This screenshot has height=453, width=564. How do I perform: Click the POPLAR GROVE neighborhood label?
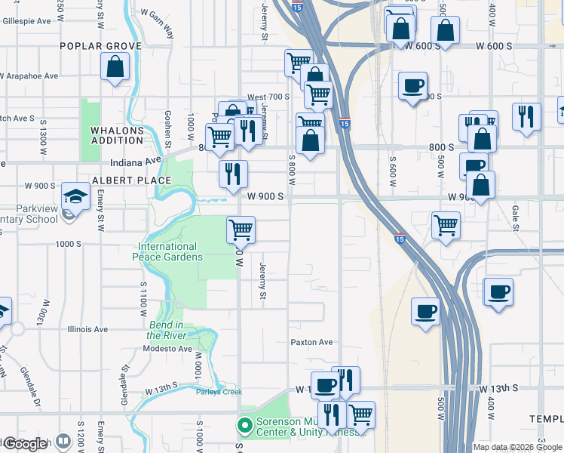point(101,46)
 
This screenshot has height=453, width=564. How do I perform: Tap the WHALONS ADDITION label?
point(117,135)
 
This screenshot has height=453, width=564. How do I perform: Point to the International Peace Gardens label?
point(167,251)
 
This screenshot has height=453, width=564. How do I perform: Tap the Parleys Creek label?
point(219,392)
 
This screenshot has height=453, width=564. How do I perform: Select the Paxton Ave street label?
point(311,342)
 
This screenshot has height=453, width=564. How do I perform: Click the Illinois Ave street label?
point(88,329)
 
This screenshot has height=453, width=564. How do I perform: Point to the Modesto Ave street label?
point(167,349)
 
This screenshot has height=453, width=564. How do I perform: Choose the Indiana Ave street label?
point(136,161)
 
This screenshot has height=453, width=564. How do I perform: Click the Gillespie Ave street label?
point(26,20)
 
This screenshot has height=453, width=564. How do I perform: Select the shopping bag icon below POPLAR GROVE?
point(115,66)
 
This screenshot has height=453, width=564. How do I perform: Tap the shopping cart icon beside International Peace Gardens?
point(241,229)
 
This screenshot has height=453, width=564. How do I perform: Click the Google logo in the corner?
point(26,444)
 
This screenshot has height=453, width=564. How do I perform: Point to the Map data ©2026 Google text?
point(517,447)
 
